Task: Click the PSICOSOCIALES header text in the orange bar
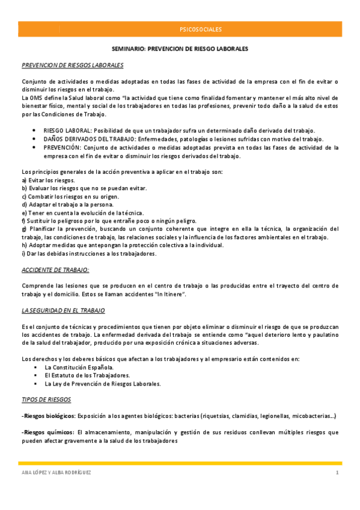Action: (200, 29)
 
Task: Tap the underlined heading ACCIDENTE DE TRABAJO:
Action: (55, 270)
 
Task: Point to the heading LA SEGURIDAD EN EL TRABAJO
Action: (63, 310)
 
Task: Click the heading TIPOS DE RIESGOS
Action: (46, 399)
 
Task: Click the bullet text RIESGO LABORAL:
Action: (66, 131)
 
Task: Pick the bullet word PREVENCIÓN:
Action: (63, 147)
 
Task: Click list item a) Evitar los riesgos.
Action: (48, 180)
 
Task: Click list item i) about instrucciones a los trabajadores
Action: (89, 253)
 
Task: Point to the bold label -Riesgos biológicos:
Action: (48, 416)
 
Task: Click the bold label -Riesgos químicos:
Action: (46, 432)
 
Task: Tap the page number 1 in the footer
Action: (338, 473)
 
